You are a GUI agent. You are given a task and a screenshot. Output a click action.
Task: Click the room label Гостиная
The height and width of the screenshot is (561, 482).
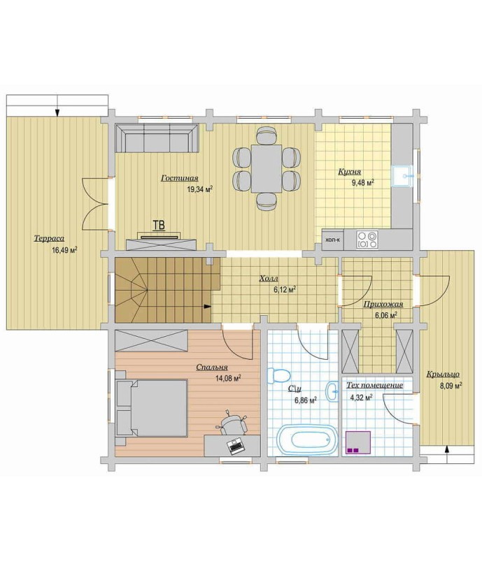click(x=179, y=178)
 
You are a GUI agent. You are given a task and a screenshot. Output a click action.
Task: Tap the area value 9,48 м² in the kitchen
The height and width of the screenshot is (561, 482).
click(x=362, y=182)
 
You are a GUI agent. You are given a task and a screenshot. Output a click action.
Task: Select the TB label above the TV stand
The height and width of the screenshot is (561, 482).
click(x=159, y=225)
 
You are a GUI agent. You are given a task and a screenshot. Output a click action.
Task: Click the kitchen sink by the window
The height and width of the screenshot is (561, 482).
click(x=402, y=175)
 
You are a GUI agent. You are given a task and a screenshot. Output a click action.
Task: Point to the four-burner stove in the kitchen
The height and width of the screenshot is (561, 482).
click(x=367, y=240)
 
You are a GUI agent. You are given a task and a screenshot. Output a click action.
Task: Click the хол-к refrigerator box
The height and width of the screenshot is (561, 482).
click(x=332, y=240)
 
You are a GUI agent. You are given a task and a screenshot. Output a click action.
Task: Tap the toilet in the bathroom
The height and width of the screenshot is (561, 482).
click(x=278, y=376)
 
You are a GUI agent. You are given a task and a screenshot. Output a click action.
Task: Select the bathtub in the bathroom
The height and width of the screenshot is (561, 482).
click(x=308, y=439)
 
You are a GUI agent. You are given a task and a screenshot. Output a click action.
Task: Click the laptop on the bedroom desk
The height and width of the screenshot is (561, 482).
click(x=235, y=446)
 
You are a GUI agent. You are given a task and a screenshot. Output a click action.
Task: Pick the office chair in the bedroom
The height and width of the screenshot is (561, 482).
click(x=233, y=423)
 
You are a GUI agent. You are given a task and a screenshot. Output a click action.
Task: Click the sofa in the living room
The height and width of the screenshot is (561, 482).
click(x=157, y=138)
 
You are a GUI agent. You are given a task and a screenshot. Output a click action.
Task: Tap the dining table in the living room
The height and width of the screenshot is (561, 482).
click(x=267, y=168)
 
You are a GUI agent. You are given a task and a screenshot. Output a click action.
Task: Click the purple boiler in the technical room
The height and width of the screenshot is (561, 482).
click(x=357, y=442)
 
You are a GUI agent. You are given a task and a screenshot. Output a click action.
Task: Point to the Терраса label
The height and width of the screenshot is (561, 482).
click(x=49, y=238)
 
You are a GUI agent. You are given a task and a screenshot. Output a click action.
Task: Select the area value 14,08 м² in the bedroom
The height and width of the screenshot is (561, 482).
click(x=228, y=379)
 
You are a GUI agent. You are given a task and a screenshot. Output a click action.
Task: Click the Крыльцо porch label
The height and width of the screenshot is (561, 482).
click(x=443, y=374)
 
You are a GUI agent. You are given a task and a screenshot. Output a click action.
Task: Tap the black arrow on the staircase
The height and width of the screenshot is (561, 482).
click(x=207, y=306)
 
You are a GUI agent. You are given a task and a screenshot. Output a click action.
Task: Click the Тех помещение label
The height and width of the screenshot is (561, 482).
click(x=374, y=386)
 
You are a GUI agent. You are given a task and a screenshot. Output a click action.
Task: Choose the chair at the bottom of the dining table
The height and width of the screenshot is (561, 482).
click(x=267, y=201)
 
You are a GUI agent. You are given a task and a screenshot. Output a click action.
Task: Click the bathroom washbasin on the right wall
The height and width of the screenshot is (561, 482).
click(x=332, y=391)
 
